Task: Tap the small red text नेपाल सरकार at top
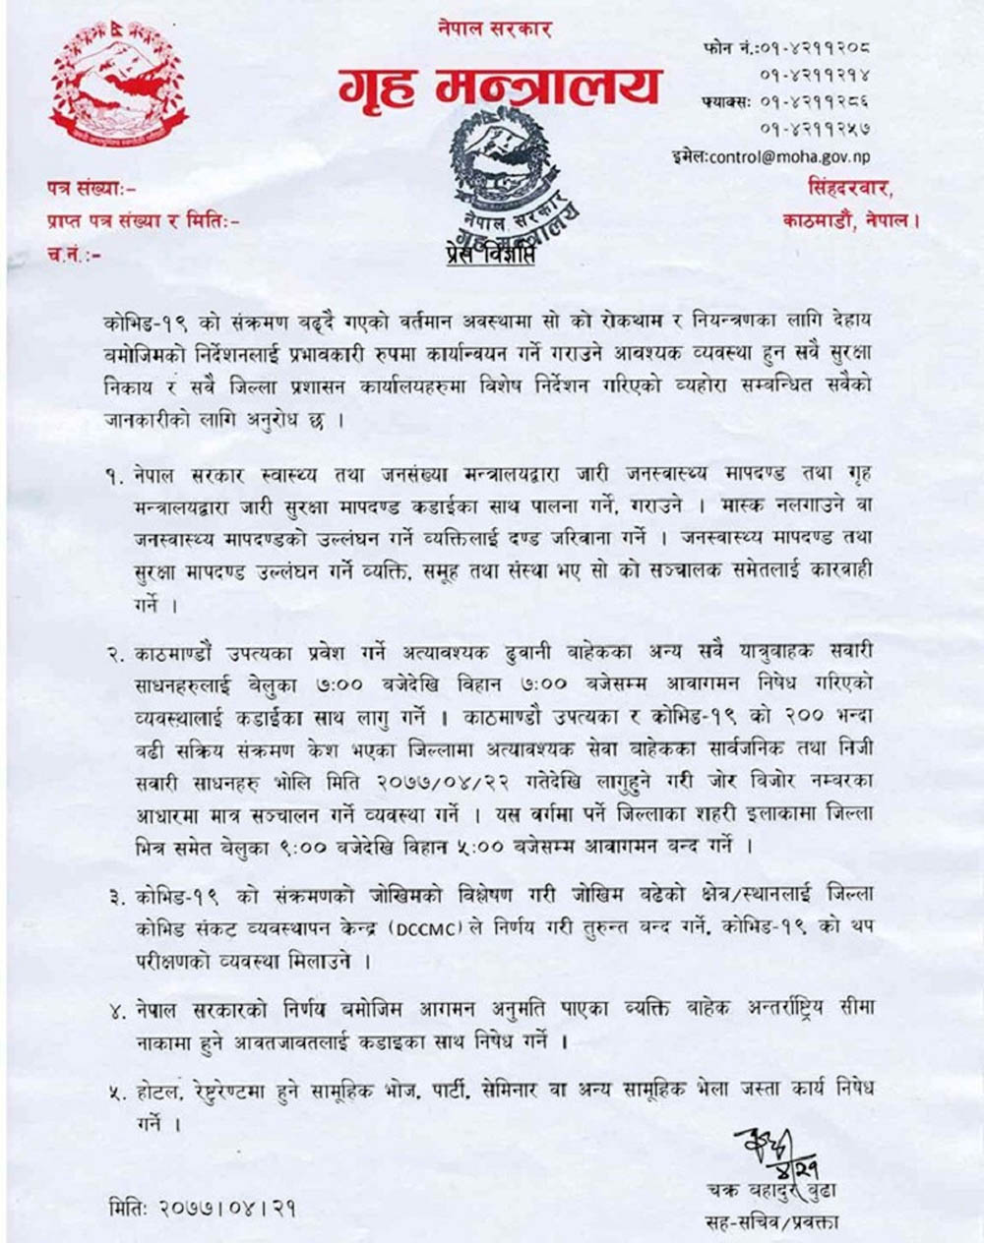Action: coord(495,29)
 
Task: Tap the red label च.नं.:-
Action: coord(75,255)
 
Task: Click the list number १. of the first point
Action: coord(115,476)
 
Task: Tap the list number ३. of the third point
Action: coord(115,897)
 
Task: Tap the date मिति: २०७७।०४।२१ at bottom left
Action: coord(203,1208)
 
